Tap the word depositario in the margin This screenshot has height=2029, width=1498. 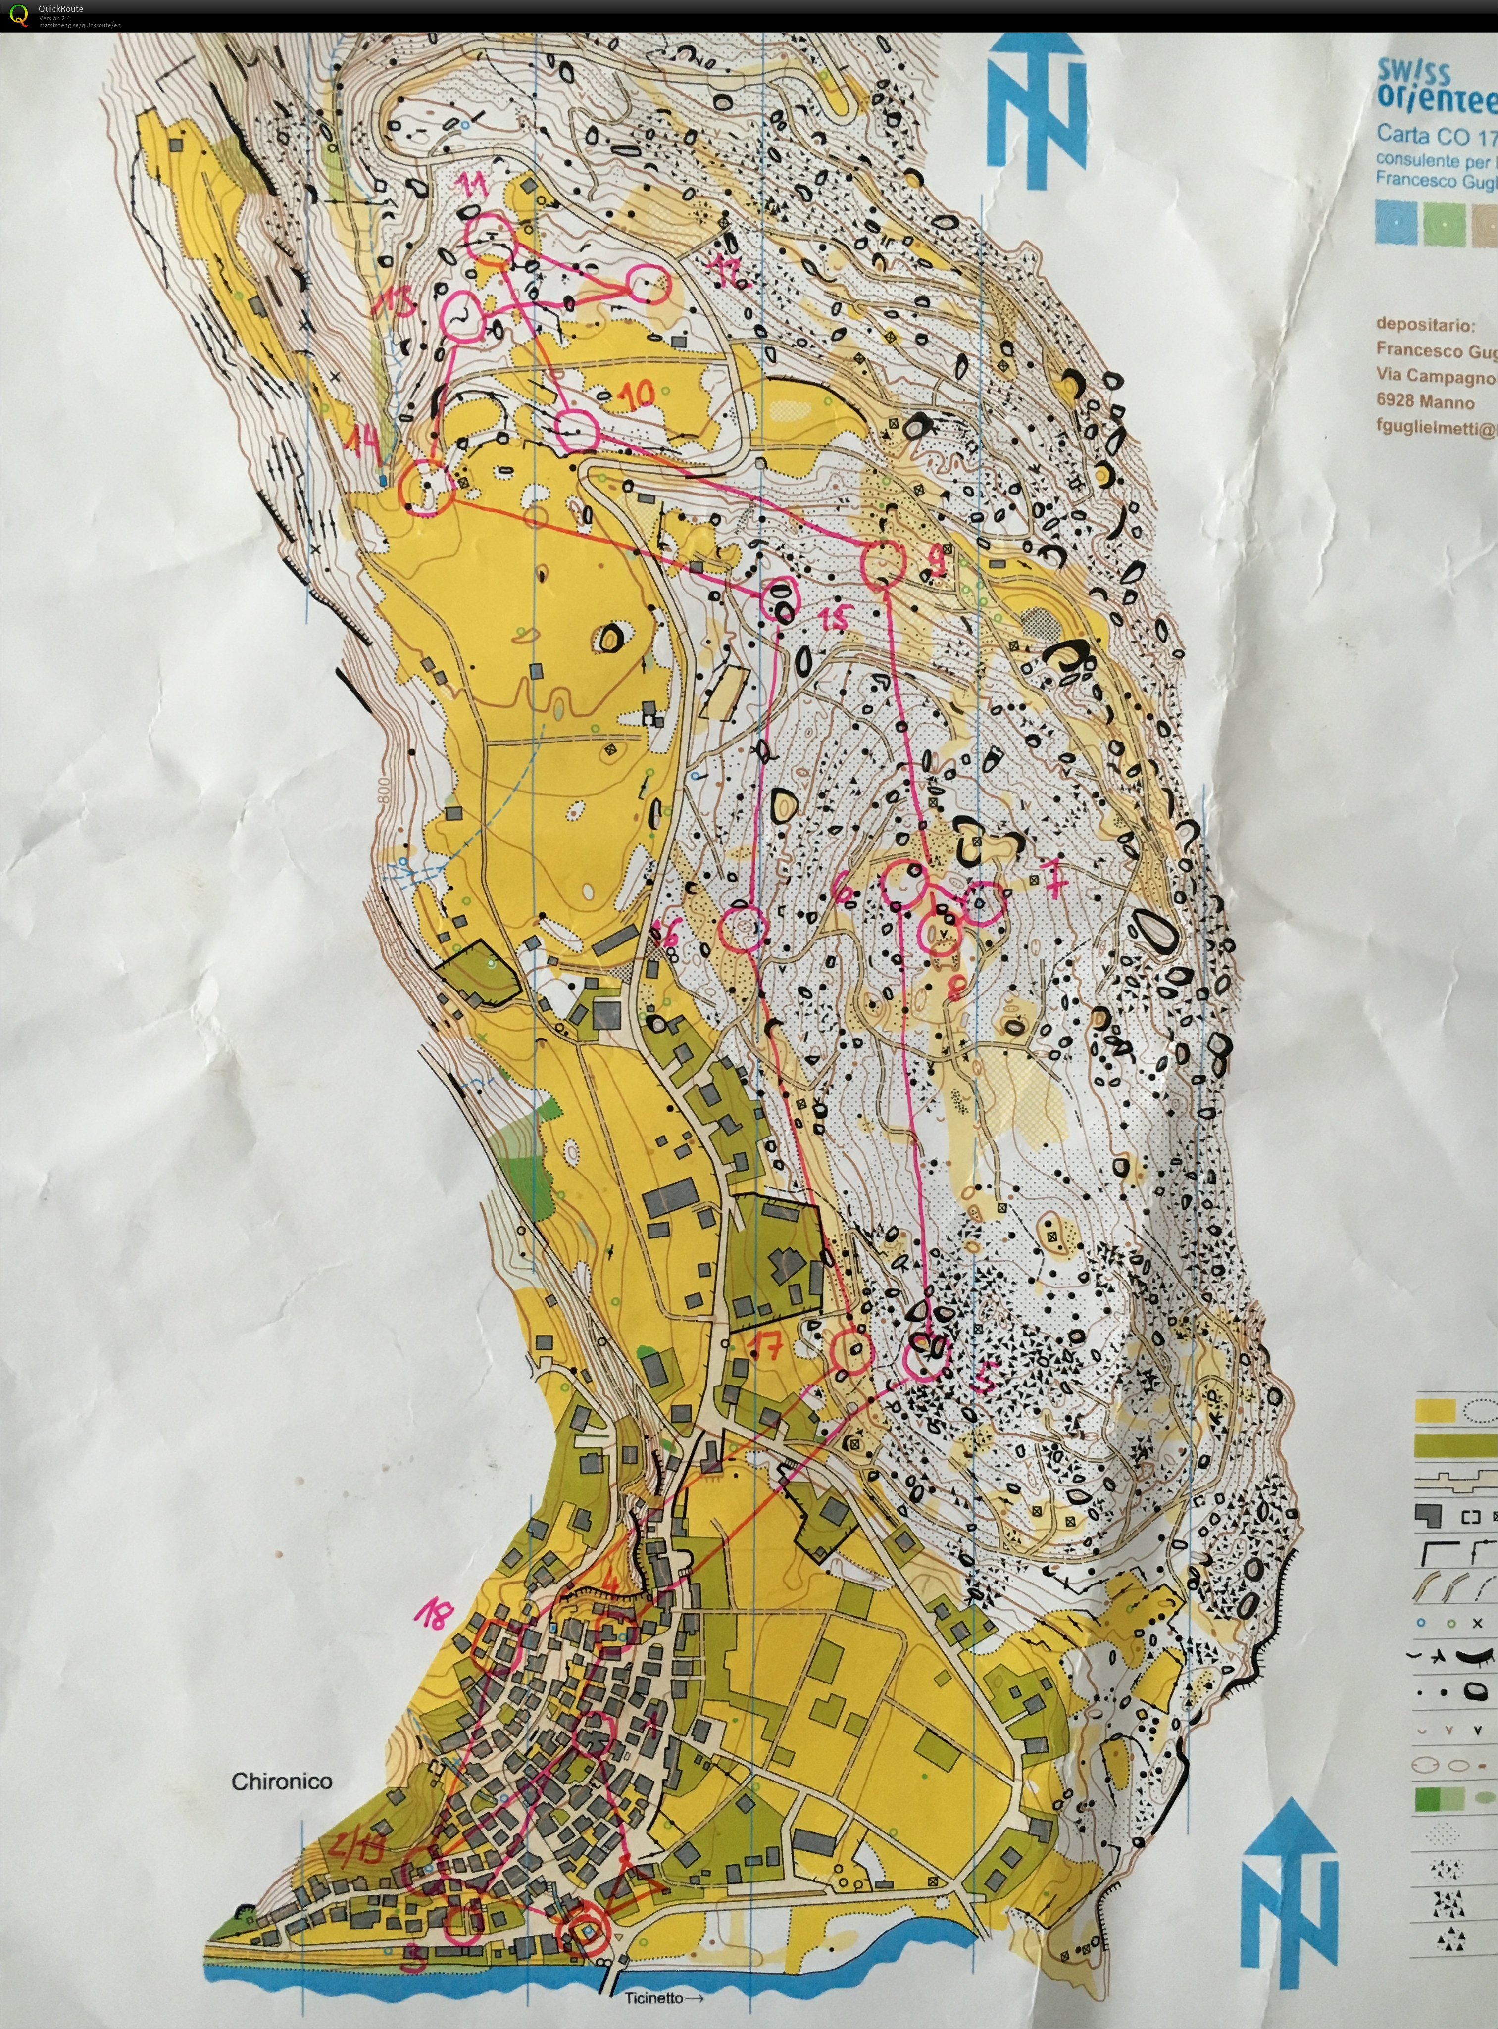point(1425,324)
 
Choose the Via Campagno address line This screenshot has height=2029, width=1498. point(1435,375)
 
